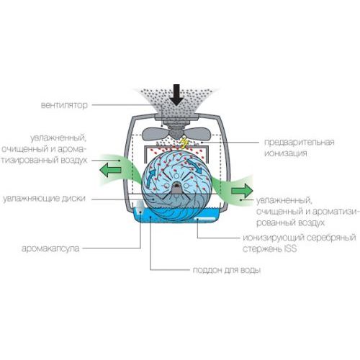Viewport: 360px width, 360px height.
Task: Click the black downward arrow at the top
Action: (x=176, y=95)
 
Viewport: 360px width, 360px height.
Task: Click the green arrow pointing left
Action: (x=110, y=170)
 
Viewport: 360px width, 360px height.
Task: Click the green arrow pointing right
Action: (x=242, y=191)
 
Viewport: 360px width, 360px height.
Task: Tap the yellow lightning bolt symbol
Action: (x=184, y=143)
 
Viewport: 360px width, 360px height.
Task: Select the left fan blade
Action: (x=156, y=134)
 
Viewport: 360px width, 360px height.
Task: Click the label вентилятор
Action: (x=64, y=105)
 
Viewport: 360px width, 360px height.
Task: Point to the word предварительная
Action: (x=299, y=142)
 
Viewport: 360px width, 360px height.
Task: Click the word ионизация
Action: (x=286, y=153)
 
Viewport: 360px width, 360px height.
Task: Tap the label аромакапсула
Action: (x=50, y=248)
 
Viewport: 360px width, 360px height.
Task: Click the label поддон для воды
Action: (x=227, y=270)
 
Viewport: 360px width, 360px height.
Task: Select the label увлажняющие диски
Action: (x=44, y=199)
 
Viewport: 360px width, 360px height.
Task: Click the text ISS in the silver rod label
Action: (x=290, y=248)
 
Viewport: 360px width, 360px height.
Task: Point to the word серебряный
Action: (x=331, y=238)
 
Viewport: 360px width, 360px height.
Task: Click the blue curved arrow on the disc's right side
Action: (x=194, y=165)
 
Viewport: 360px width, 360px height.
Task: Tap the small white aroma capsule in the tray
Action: (x=139, y=207)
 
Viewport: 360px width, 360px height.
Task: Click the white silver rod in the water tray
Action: (x=205, y=219)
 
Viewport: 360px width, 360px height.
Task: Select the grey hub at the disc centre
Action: (x=177, y=188)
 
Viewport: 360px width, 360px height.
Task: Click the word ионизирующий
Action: (x=274, y=238)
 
